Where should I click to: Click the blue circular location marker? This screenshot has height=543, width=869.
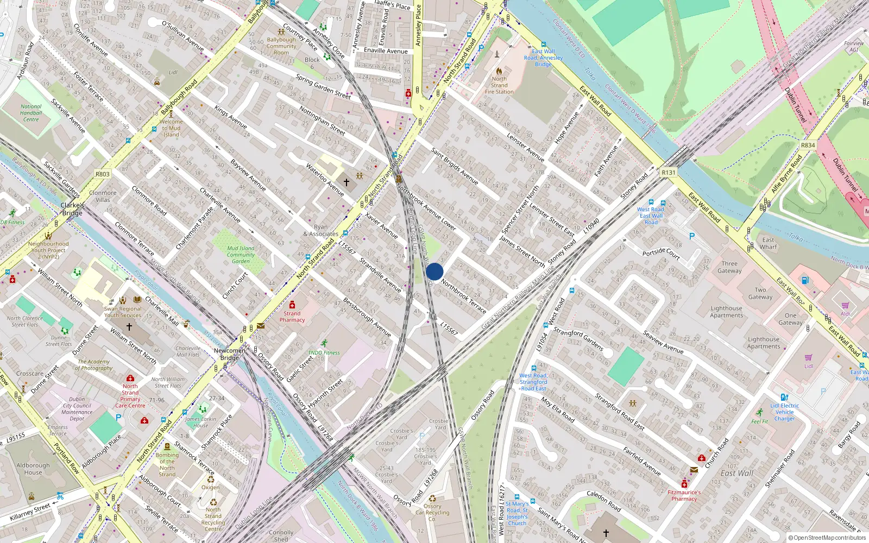pos(434,271)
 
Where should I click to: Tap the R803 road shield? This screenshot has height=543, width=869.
pos(102,174)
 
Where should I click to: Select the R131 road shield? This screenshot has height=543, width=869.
pos(669,173)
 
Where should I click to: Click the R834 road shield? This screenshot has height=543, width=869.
pos(808,146)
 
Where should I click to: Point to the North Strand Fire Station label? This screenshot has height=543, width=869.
pos(499,85)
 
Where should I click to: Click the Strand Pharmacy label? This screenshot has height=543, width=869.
pos(292,317)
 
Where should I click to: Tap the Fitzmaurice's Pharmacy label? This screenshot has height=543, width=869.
pos(684,495)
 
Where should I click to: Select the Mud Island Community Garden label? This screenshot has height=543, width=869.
pos(241,255)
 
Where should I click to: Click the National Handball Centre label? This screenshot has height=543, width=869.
pos(31,113)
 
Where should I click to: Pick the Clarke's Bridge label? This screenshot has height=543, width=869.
pos(72,209)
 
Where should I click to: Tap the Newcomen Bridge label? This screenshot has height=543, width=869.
pos(230,354)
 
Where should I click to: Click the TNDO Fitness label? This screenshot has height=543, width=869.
pos(324,352)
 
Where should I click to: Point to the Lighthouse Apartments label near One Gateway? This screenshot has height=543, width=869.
pos(726,312)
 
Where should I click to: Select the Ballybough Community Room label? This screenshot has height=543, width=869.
pos(281,46)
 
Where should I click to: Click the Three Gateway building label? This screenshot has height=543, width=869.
pos(729,267)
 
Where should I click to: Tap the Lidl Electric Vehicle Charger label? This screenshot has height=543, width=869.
pos(784,412)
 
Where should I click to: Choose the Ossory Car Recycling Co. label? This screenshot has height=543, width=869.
pos(432,512)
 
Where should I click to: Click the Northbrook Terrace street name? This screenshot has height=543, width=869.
pos(464,296)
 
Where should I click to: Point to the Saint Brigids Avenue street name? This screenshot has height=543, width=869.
pos(455,166)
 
